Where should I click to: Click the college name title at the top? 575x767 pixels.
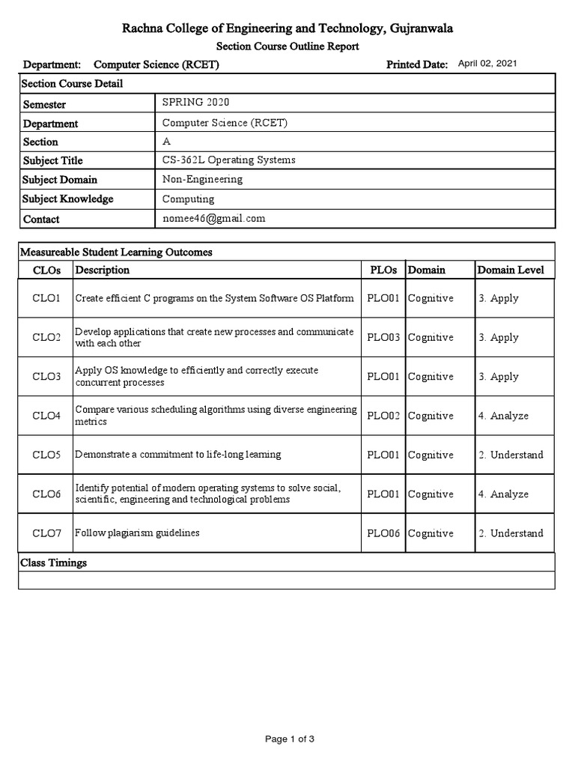(x=287, y=28)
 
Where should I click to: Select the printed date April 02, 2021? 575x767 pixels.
(x=487, y=64)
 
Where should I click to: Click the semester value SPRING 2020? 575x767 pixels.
(x=192, y=102)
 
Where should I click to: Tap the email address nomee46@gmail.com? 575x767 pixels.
(x=214, y=218)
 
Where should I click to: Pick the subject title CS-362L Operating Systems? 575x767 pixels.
(x=229, y=160)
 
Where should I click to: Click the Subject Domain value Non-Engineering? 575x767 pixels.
(x=202, y=179)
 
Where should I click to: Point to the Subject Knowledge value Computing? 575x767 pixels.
(x=188, y=198)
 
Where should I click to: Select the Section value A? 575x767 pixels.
(x=166, y=141)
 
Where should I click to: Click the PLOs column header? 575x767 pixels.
(x=383, y=270)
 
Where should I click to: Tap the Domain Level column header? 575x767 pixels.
(x=511, y=270)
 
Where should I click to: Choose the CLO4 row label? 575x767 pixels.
(x=46, y=416)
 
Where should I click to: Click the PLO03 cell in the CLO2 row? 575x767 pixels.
(x=383, y=337)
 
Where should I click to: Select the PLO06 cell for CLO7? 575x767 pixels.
(x=383, y=533)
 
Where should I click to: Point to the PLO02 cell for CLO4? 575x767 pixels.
(x=383, y=416)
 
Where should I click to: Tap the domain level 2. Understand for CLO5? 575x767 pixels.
(x=511, y=455)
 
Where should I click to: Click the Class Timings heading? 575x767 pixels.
(x=53, y=563)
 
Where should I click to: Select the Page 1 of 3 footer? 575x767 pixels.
(x=290, y=739)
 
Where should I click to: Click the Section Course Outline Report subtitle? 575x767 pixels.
(x=287, y=46)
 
